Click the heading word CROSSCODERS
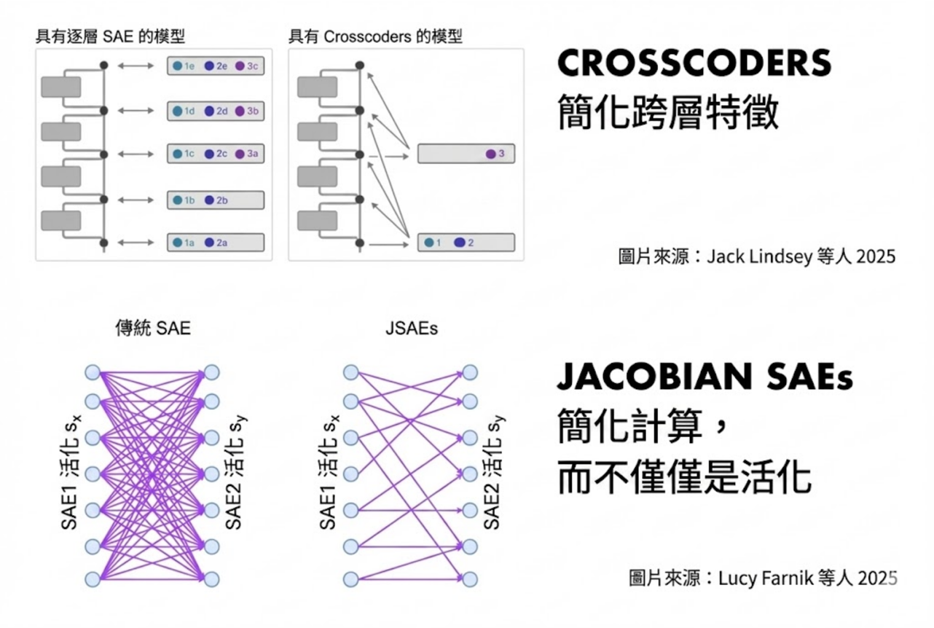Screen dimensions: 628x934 click(694, 65)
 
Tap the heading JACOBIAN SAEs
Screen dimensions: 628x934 click(704, 377)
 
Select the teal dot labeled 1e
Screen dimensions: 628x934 click(177, 66)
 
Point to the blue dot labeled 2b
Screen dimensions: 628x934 click(209, 200)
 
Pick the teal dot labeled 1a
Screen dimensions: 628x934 click(177, 243)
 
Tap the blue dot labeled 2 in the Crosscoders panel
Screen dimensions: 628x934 click(459, 243)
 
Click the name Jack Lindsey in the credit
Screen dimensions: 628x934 click(758, 257)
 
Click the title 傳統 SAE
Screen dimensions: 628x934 click(152, 329)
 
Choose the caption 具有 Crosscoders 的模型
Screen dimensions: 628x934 click(375, 36)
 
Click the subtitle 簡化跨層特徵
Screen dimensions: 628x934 click(667, 114)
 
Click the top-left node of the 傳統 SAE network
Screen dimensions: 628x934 click(93, 373)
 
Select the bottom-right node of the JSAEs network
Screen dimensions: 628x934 click(471, 579)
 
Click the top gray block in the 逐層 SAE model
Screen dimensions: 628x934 click(61, 87)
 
